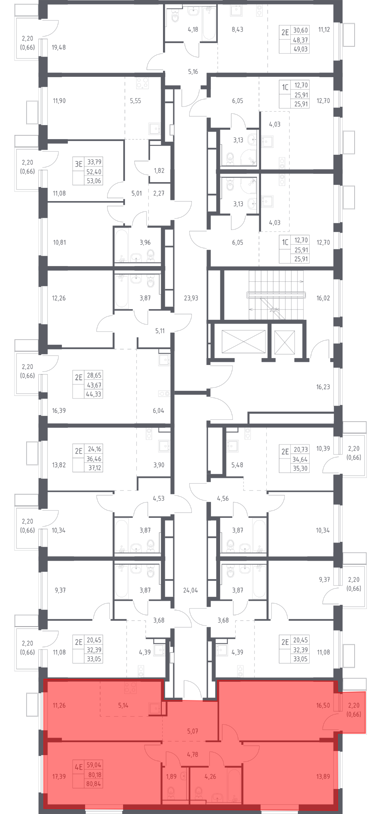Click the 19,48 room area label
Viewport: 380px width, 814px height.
[x=59, y=48]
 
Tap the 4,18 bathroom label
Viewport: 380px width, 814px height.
[x=193, y=29]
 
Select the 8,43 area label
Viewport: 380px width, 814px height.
[x=237, y=29]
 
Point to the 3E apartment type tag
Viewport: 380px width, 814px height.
[x=78, y=164]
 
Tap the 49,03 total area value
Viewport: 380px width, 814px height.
[x=300, y=49]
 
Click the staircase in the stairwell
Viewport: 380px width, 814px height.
[x=276, y=295]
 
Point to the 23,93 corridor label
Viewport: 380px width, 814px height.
[x=191, y=298]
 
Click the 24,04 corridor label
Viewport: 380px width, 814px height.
[x=190, y=590]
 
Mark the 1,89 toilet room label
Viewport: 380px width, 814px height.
[x=171, y=776]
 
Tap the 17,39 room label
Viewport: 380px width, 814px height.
[x=59, y=776]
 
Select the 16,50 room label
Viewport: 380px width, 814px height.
[x=323, y=705]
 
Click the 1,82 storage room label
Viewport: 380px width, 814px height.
[x=159, y=170]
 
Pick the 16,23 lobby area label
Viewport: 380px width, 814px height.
[x=323, y=387]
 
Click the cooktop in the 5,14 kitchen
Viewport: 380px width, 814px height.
[x=130, y=687]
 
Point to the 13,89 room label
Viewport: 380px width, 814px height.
[x=323, y=776]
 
